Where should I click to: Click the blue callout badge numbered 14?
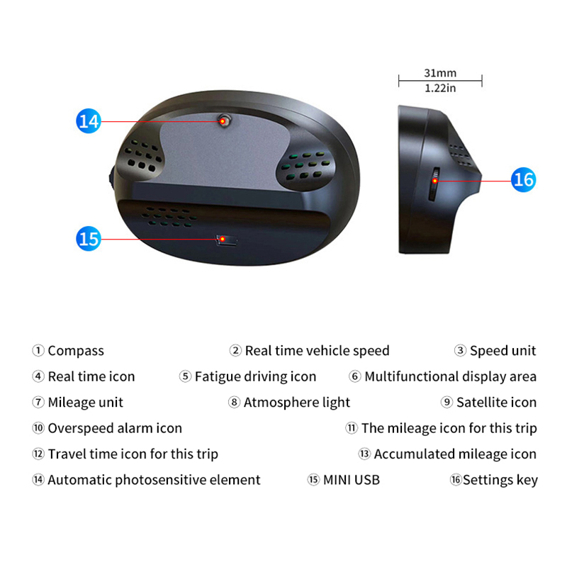(x=89, y=120)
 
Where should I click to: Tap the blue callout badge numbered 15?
(x=89, y=239)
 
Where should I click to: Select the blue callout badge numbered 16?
(x=523, y=180)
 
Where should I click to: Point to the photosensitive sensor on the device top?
(x=225, y=120)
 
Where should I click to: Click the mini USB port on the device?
(x=226, y=240)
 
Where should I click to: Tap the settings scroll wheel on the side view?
(x=434, y=184)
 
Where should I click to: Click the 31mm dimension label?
(x=440, y=73)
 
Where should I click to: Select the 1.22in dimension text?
(x=440, y=88)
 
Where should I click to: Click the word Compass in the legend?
(x=76, y=351)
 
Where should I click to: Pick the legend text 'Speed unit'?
(x=503, y=350)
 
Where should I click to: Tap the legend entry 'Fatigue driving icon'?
(x=255, y=376)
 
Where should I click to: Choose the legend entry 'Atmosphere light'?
(x=296, y=402)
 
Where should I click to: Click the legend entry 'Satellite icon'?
(x=497, y=402)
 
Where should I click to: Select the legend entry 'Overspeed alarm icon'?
(x=115, y=428)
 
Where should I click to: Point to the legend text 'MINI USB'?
(x=352, y=480)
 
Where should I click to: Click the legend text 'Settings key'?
(x=500, y=480)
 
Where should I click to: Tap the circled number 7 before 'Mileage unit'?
(x=38, y=402)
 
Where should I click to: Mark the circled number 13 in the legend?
(x=364, y=454)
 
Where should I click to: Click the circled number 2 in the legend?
(x=235, y=350)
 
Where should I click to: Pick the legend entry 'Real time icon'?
(x=91, y=376)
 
